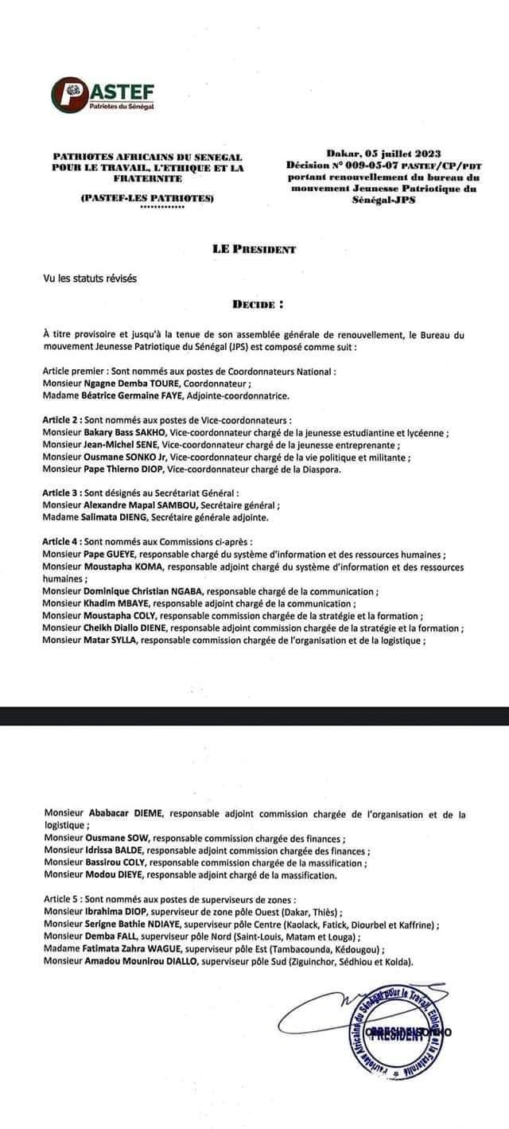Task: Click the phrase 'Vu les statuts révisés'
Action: [90, 278]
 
